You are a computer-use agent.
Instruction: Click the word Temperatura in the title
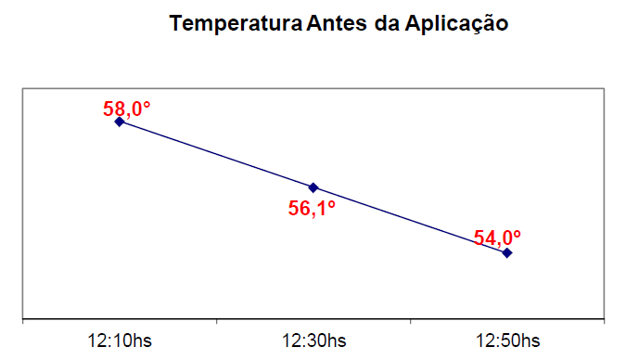tap(235, 24)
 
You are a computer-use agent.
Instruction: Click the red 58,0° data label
tap(126, 109)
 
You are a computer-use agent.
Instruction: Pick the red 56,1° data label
tap(312, 209)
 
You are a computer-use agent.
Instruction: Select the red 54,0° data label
tap(497, 238)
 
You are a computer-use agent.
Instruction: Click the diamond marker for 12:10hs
tap(119, 122)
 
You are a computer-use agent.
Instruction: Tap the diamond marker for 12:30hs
tap(313, 187)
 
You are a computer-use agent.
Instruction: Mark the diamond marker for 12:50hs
tap(507, 252)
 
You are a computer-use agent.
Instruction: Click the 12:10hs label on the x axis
tap(120, 341)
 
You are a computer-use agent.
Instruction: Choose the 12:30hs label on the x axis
tap(313, 341)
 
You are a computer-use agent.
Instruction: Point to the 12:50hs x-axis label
tap(507, 341)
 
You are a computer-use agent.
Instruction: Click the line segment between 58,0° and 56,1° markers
tap(216, 155)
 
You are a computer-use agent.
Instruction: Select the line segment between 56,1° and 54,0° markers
tap(410, 220)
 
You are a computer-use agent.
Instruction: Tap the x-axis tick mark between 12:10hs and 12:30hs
tap(216, 322)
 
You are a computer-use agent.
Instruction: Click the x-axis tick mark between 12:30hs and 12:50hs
tap(410, 322)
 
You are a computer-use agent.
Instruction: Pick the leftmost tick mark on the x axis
tap(22, 322)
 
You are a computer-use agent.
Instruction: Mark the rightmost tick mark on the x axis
tap(604, 322)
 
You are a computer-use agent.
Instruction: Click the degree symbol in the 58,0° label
tap(146, 104)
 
